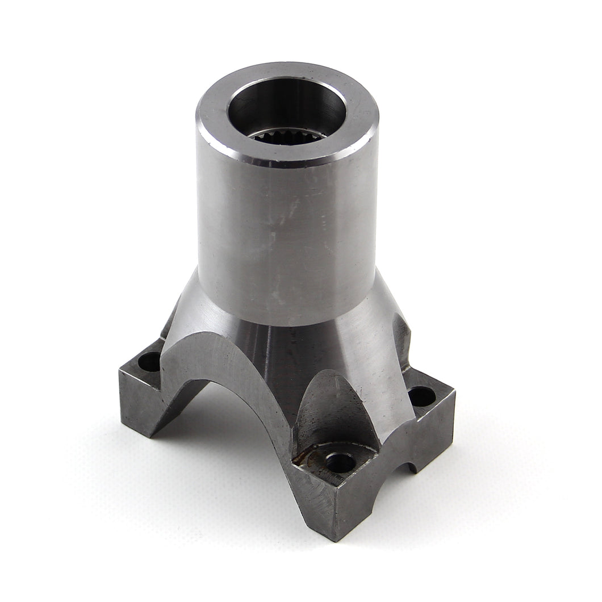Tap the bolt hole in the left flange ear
(x=149, y=361)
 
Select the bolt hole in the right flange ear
(x=421, y=396)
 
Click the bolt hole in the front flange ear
(x=340, y=462)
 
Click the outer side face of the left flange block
(x=136, y=403)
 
